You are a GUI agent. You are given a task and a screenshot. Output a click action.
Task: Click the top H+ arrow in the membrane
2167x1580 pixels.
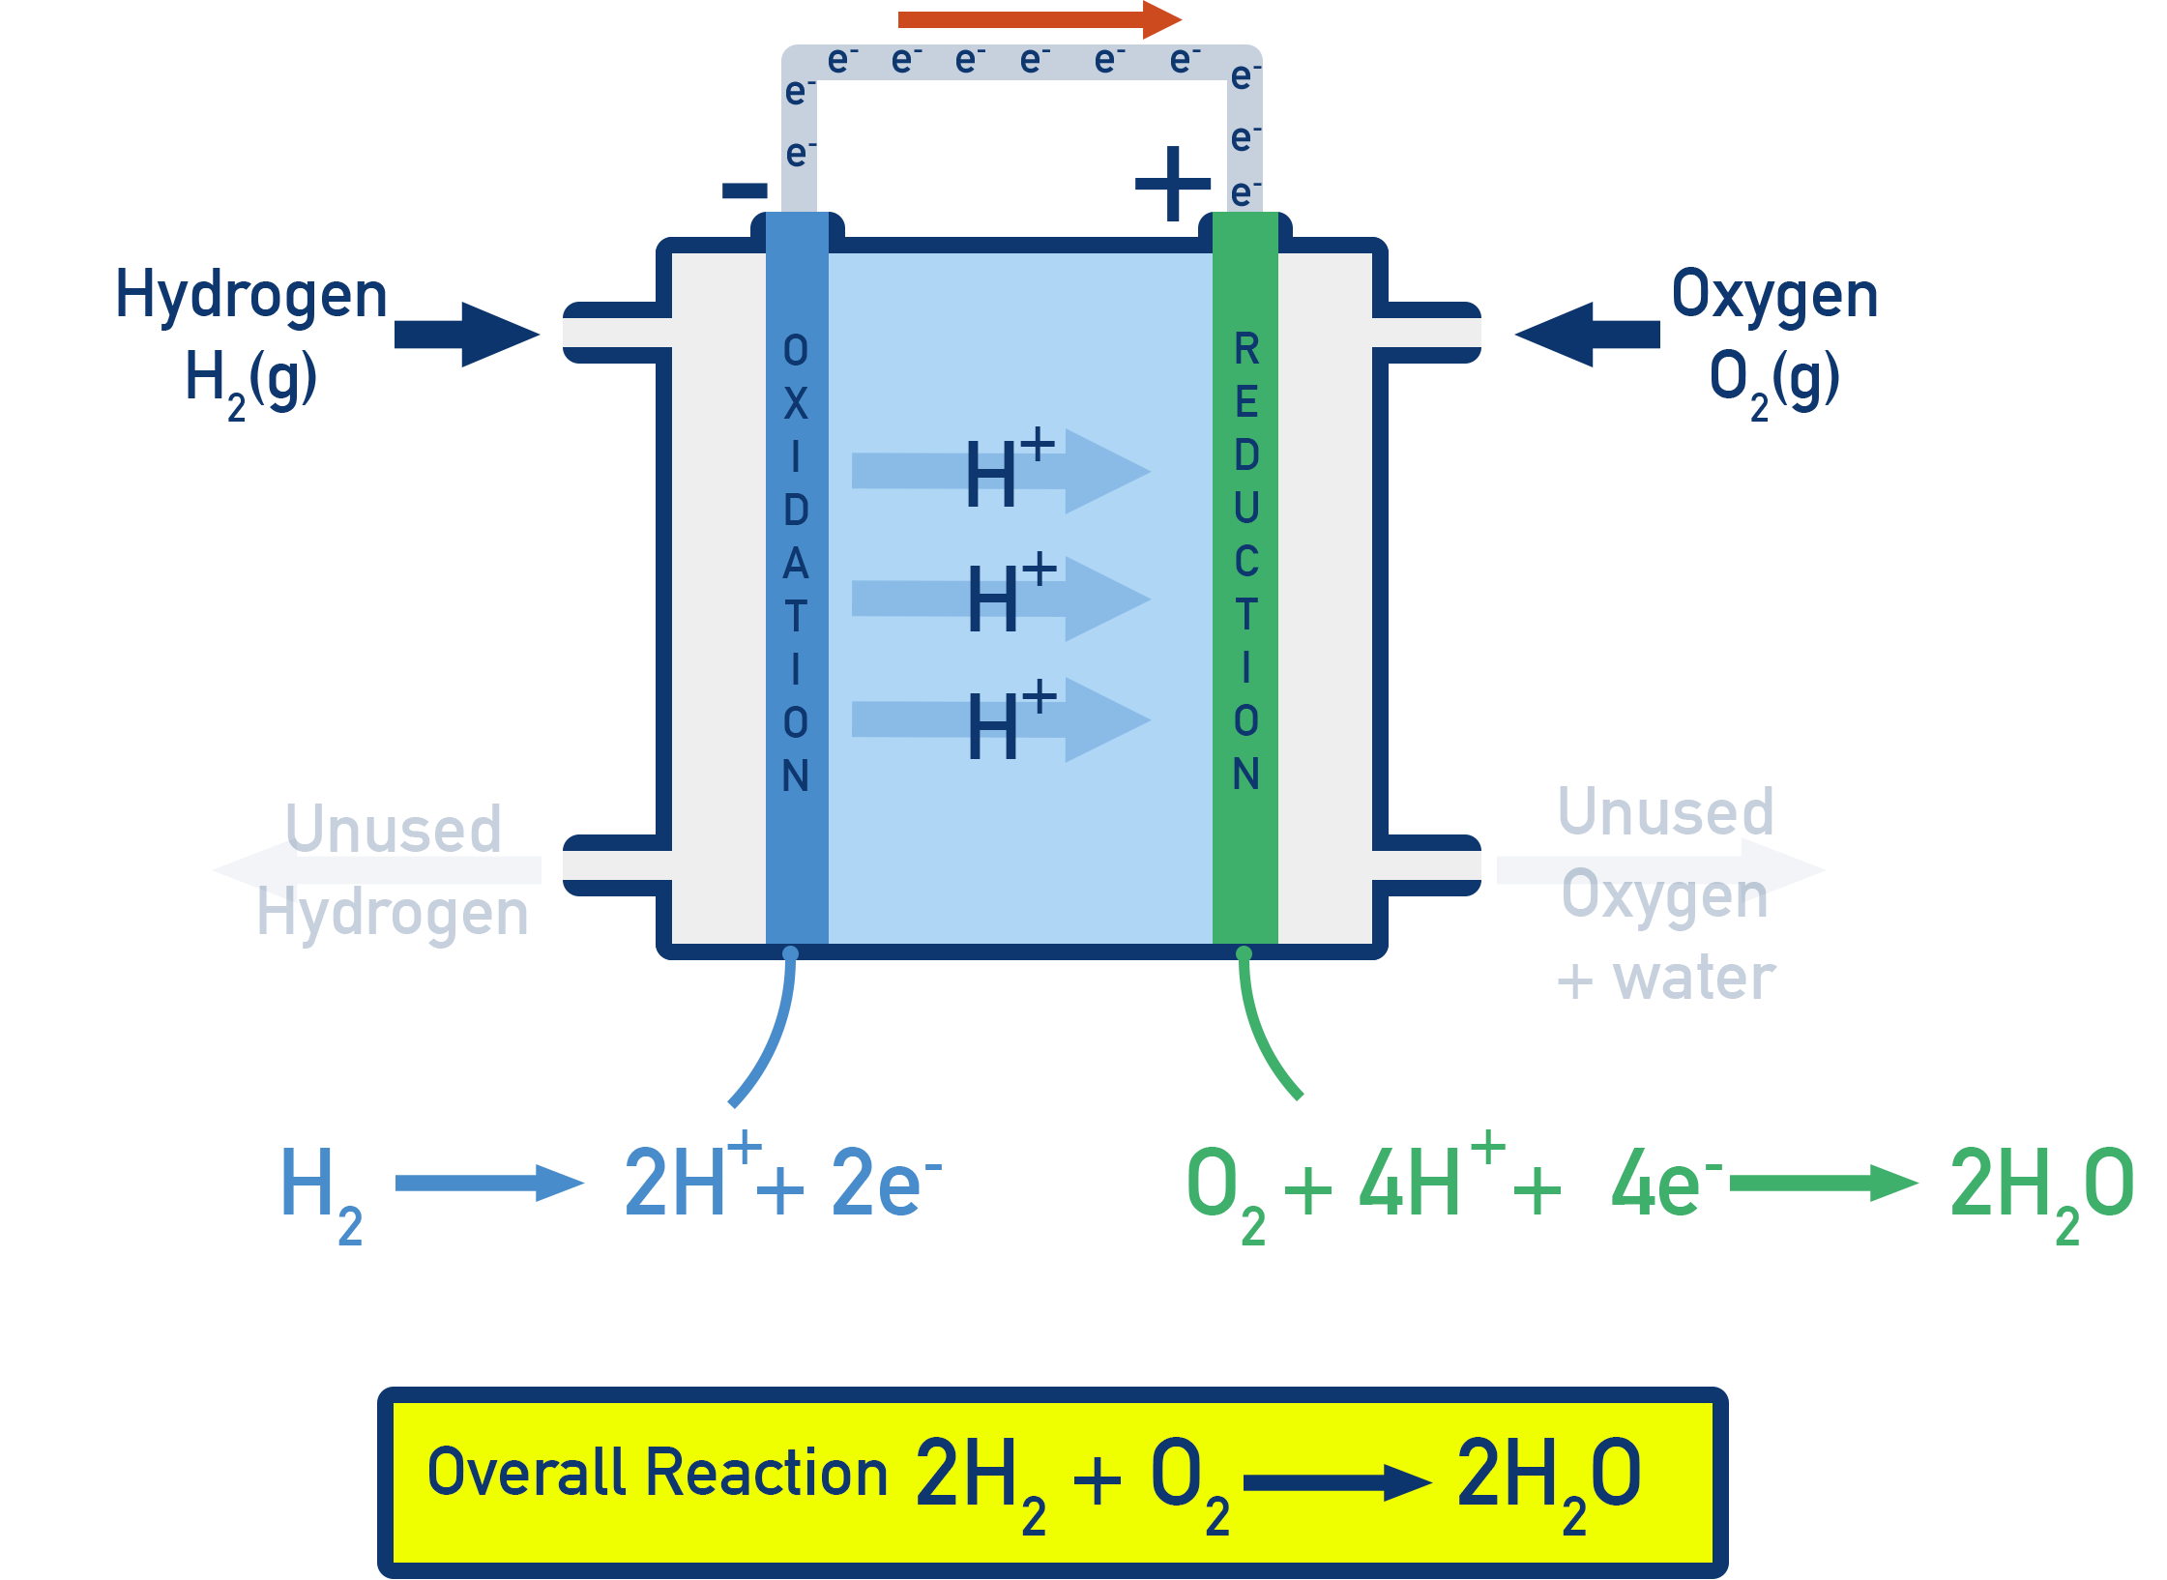tap(1001, 472)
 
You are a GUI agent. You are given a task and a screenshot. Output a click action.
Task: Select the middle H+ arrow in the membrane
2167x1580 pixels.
tap(1001, 599)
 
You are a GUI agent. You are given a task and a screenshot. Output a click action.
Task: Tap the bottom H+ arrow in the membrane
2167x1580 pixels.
tap(1001, 720)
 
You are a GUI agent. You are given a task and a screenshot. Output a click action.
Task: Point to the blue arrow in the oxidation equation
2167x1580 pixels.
tap(489, 1183)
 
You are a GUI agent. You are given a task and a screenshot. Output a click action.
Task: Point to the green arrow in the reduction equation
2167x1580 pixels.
tap(1823, 1183)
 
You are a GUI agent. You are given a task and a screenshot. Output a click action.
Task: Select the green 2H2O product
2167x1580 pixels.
tap(2040, 1189)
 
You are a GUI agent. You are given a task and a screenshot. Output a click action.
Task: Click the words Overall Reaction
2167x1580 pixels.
tap(657, 1473)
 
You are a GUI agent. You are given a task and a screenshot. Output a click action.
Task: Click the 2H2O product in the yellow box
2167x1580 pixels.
tap(1547, 1479)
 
